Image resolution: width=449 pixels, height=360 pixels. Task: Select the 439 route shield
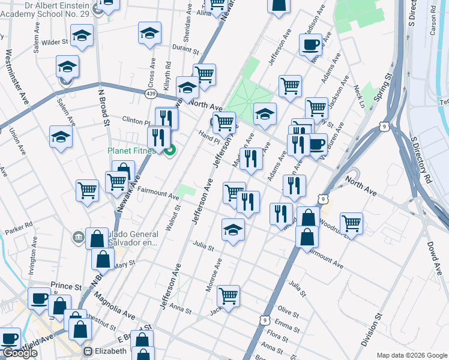tap(151, 94)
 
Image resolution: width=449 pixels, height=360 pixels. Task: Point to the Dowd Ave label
tap(435, 245)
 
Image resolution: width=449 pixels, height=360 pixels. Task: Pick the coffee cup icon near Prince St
tap(40, 298)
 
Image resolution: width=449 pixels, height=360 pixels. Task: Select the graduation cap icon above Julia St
tap(233, 230)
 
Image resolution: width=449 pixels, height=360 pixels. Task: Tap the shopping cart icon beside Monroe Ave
tap(228, 295)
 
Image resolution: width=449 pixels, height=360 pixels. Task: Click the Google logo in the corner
tap(19, 353)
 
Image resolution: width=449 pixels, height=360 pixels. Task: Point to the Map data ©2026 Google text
tap(412, 355)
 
